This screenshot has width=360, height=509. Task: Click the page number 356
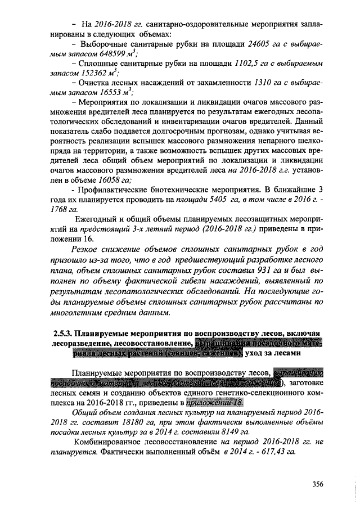click(320, 484)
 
